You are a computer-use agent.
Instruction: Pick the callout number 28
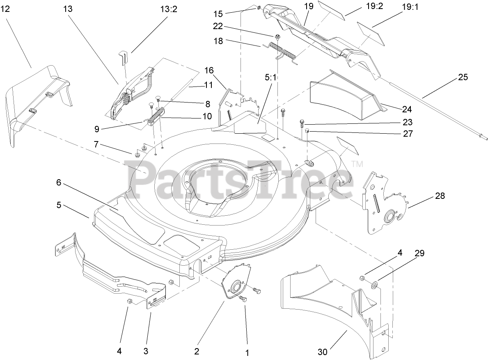point(440,196)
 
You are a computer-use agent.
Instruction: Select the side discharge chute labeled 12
point(37,103)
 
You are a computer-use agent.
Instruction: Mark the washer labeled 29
point(374,284)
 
